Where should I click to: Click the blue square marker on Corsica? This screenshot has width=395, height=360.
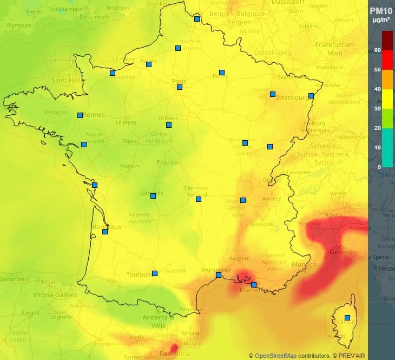pyautogui.click(x=347, y=318)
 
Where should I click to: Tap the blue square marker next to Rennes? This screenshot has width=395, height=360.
pyautogui.click(x=80, y=115)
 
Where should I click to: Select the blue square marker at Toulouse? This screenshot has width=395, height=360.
pyautogui.click(x=155, y=273)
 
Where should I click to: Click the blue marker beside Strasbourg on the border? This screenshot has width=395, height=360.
pyautogui.click(x=311, y=96)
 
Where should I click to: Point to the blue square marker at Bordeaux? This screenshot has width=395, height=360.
pyautogui.click(x=105, y=232)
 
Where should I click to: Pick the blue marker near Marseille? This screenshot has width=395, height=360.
pyautogui.click(x=254, y=285)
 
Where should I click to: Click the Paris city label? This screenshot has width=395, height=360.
pyautogui.click(x=179, y=82)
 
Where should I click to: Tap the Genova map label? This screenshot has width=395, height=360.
pyautogui.click(x=341, y=252)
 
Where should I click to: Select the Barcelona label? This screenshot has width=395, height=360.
pyautogui.click(x=175, y=354)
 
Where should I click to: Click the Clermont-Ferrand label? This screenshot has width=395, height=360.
pyautogui.click(x=196, y=191)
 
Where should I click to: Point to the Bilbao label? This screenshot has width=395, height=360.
pyautogui.click(x=49, y=282)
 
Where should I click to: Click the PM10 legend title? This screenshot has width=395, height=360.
pyautogui.click(x=381, y=11)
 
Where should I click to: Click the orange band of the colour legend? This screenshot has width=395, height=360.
pyautogui.click(x=387, y=80)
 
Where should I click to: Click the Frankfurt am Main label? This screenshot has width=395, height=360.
pyautogui.click(x=335, y=49)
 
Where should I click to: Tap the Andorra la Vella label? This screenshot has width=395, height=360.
pyautogui.click(x=159, y=322)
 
